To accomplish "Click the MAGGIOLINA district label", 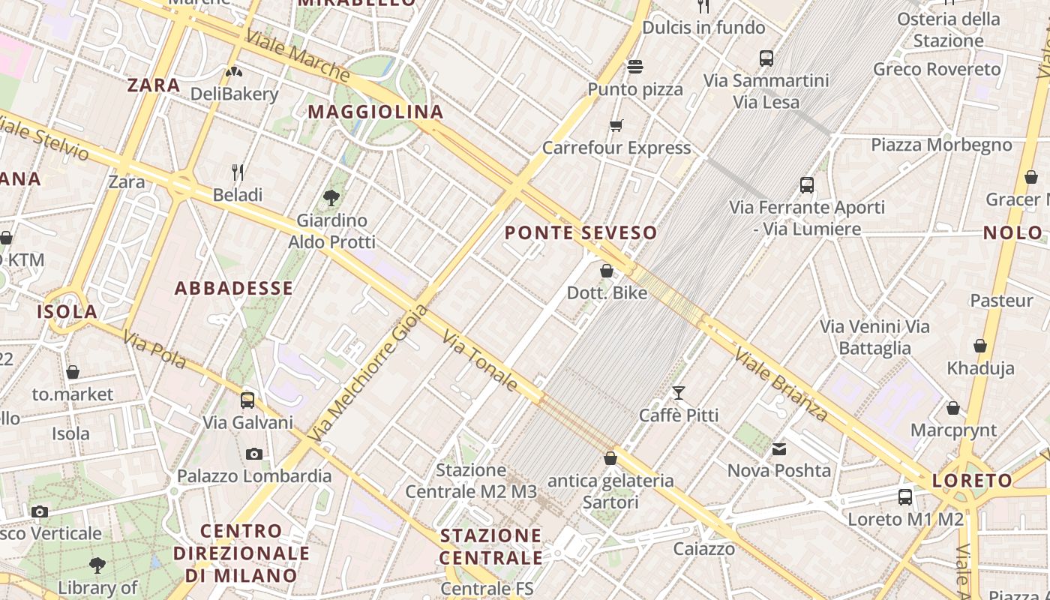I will pos(376,112).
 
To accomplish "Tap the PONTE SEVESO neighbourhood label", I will pos(581,233).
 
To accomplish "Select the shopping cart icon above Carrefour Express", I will pos(616,125).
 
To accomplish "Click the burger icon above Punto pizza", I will pos(635,67).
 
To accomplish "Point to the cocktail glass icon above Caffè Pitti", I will pos(679,392).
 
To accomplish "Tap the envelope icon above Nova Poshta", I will pos(779,448).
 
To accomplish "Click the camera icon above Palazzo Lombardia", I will pos(254,454).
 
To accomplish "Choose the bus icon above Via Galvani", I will pos(247,400).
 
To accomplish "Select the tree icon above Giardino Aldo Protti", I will pos(331,198).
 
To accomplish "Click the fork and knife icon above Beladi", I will pos(238,172).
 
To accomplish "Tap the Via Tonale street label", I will pos(480,361).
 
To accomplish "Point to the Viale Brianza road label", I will pos(781,383).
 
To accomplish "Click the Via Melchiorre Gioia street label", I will pos(368,373).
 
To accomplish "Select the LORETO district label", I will pos(973,481).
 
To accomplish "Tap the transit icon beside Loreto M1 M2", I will pos(905,496).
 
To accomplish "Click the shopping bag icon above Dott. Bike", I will pos(607,271).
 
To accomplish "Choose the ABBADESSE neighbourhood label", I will pos(234,289).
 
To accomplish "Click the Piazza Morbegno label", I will pos(941,145).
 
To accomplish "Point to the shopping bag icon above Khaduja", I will pos(980,346).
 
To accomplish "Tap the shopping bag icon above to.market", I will pos(73,372).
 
